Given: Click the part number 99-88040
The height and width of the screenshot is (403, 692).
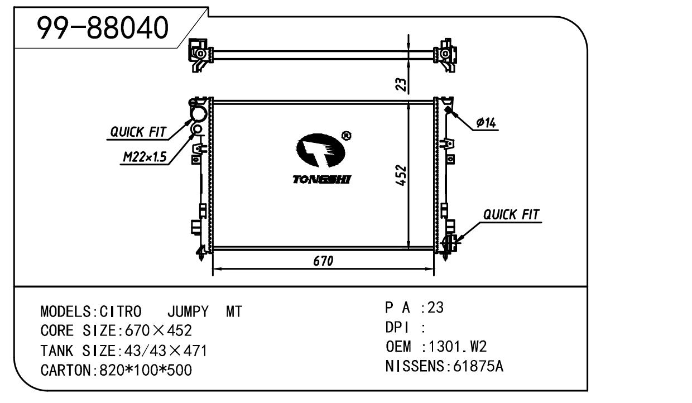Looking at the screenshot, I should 102,28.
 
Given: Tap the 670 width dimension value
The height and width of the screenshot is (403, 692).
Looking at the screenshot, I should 323,261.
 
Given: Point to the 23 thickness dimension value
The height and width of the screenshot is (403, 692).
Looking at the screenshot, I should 401,84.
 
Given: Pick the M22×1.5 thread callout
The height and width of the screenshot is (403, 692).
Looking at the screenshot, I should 145,157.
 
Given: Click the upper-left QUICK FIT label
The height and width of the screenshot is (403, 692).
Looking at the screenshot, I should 138,132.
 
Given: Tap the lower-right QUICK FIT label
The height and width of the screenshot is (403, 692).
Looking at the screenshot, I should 511,214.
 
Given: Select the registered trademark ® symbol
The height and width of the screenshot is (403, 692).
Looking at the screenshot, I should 346,136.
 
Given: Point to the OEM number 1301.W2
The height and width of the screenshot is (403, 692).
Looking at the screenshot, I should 455,347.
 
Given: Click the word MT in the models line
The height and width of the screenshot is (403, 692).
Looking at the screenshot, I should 234,312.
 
